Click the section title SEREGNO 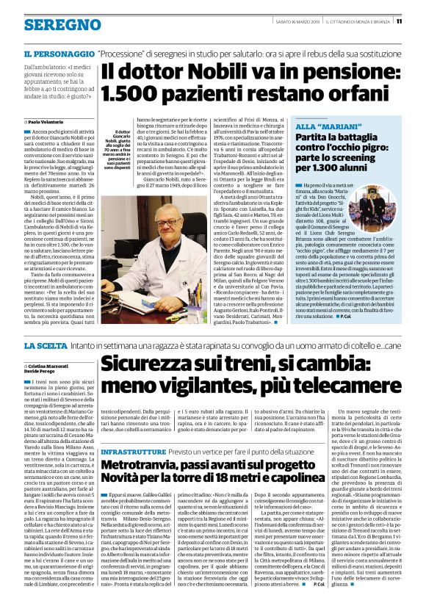(x=52, y=24)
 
